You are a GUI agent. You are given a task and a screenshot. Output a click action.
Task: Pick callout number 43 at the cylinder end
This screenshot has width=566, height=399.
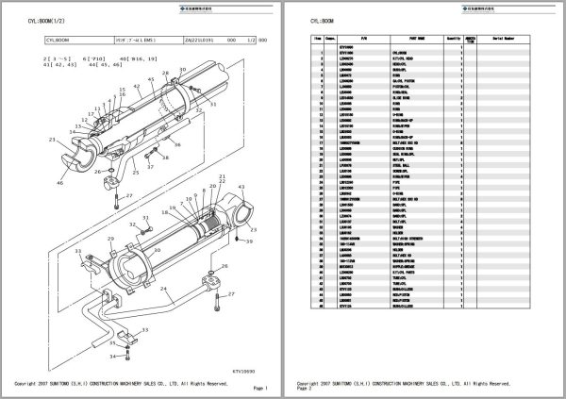tap(241, 188)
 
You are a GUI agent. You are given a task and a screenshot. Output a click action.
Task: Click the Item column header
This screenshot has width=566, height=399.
tap(319, 39)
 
